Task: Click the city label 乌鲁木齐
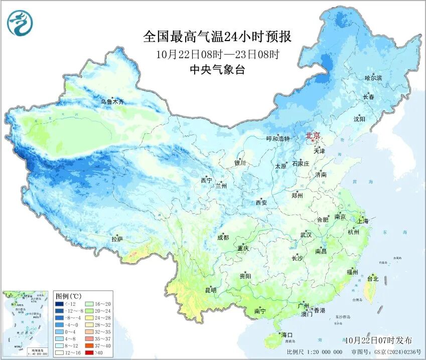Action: [x=111, y=102]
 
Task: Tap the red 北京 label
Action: [x=313, y=135]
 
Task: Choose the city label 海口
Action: [x=287, y=334]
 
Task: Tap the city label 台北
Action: [x=372, y=279]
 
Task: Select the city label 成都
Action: [x=223, y=238]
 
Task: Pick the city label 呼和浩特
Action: [x=277, y=139]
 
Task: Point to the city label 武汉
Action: [x=306, y=235]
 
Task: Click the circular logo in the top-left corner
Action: [x=19, y=23]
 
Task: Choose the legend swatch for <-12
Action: [x=60, y=303]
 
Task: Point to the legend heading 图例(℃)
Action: [x=69, y=296]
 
